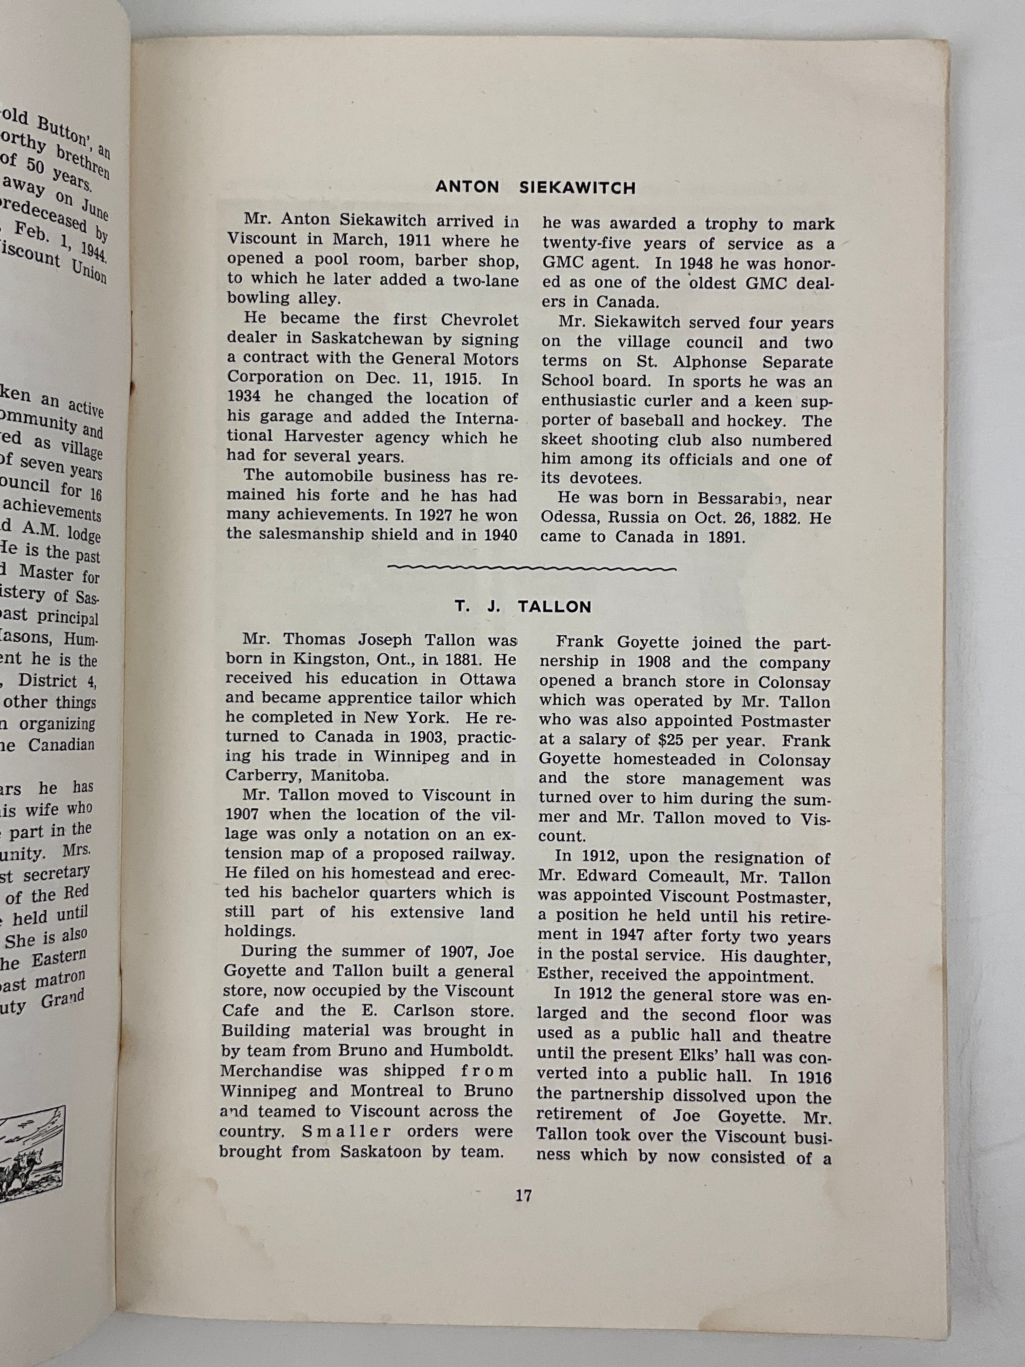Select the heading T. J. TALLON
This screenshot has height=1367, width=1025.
tap(523, 607)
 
